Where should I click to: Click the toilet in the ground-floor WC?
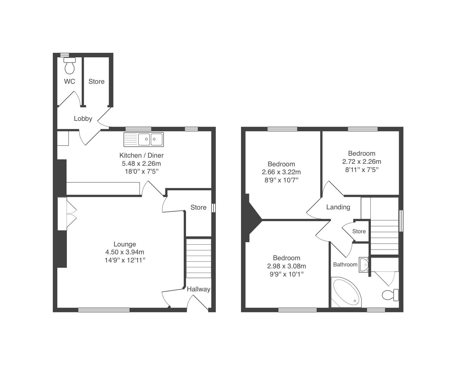tap(70, 66)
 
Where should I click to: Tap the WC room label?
tap(69, 81)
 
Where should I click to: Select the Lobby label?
tap(83, 119)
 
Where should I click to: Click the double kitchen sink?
tap(144, 139)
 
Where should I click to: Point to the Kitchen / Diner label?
tap(142, 155)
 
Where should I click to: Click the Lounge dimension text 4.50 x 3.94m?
tap(125, 252)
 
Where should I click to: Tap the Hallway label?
tap(199, 289)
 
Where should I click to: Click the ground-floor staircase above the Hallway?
tap(199, 259)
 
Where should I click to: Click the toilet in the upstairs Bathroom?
tap(390, 295)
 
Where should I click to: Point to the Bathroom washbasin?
tap(364, 265)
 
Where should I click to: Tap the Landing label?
tap(338, 207)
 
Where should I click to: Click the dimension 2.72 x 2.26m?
tap(362, 162)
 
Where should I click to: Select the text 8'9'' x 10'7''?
tap(282, 180)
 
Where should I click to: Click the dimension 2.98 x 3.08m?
tap(287, 266)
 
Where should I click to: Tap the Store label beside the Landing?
tap(359, 231)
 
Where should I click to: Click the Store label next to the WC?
tap(96, 81)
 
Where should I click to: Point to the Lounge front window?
tap(104, 310)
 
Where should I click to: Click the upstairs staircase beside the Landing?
tap(384, 237)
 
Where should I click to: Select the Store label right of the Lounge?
tap(198, 207)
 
